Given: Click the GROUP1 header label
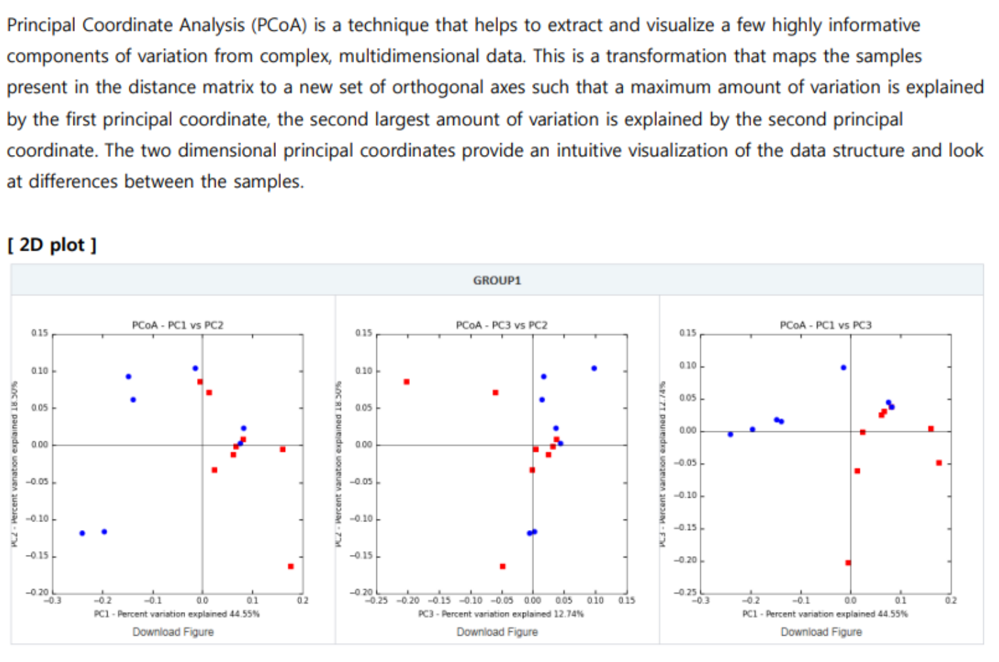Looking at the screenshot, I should pyautogui.click(x=497, y=280).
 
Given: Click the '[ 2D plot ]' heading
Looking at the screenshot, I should pyautogui.click(x=52, y=245).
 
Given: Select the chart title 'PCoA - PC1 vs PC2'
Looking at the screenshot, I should pyautogui.click(x=177, y=325).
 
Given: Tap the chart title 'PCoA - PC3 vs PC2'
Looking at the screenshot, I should pyautogui.click(x=501, y=325).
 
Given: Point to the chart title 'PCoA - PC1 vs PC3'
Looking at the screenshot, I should pyautogui.click(x=825, y=325).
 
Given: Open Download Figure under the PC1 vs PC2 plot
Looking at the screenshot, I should pyautogui.click(x=173, y=632).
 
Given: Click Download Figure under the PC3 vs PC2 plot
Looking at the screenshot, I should pyautogui.click(x=497, y=632).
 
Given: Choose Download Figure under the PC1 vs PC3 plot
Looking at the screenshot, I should pyautogui.click(x=821, y=632).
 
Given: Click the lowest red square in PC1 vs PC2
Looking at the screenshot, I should pyautogui.click(x=290, y=566).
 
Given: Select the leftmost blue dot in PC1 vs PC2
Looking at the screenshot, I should pyautogui.click(x=82, y=533).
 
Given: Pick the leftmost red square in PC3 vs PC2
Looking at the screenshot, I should pyautogui.click(x=407, y=382).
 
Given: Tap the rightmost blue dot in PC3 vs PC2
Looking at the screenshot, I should pyautogui.click(x=594, y=368).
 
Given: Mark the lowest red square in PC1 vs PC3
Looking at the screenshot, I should pyautogui.click(x=848, y=563).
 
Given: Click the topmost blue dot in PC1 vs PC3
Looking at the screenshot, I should pyautogui.click(x=843, y=368).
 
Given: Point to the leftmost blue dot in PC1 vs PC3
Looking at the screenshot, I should pyautogui.click(x=730, y=434).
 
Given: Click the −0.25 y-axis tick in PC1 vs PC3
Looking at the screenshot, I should pyautogui.click(x=686, y=592).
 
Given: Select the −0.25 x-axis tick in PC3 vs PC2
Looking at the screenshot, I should pyautogui.click(x=377, y=600).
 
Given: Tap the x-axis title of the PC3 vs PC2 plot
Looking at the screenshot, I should pyautogui.click(x=500, y=614).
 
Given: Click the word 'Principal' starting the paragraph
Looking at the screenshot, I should pyautogui.click(x=41, y=25).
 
